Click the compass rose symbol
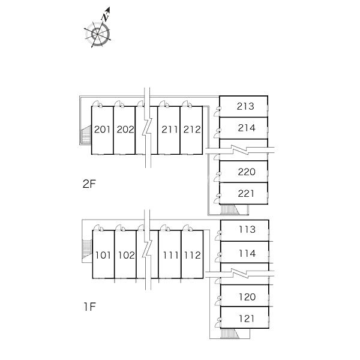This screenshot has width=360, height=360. [98, 34]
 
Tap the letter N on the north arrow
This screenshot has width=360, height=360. [105, 17]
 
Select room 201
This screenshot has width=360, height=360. [103, 130]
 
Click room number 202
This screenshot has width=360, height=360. [124, 130]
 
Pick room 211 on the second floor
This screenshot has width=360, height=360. [169, 130]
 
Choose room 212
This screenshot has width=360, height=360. [191, 130]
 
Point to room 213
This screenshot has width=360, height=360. [244, 107]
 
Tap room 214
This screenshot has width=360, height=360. [244, 128]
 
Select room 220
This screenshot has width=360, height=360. [244, 172]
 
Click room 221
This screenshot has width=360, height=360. [244, 193]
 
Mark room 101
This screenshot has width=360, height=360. [103, 254]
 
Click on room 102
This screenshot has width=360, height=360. [125, 254]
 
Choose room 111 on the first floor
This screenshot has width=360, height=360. [170, 254]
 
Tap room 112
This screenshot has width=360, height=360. [192, 254]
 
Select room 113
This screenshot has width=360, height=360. [245, 230]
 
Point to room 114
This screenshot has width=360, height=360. [245, 252]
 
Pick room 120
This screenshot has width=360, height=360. [245, 296]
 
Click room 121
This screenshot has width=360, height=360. [245, 317]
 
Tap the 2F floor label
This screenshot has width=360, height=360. [89, 184]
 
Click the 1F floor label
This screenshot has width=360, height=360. [89, 307]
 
